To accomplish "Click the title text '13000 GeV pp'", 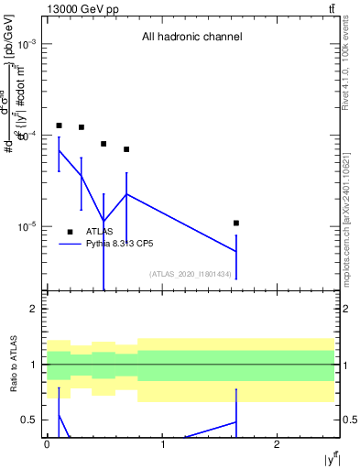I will tap(78, 9).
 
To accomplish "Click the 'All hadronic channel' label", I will tap(191, 38).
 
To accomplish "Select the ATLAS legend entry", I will tap(99, 232).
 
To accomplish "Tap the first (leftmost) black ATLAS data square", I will tap(59, 125).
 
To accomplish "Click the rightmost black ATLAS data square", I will tap(236, 223).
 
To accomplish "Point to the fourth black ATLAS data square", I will tap(126, 149).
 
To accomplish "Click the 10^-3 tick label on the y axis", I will tap(27, 44).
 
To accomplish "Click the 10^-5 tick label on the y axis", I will tap(27, 226).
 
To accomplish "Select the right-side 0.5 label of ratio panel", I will tap(349, 420).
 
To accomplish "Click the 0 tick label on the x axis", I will tap(47, 444).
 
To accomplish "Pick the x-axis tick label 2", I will tap(277, 444).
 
